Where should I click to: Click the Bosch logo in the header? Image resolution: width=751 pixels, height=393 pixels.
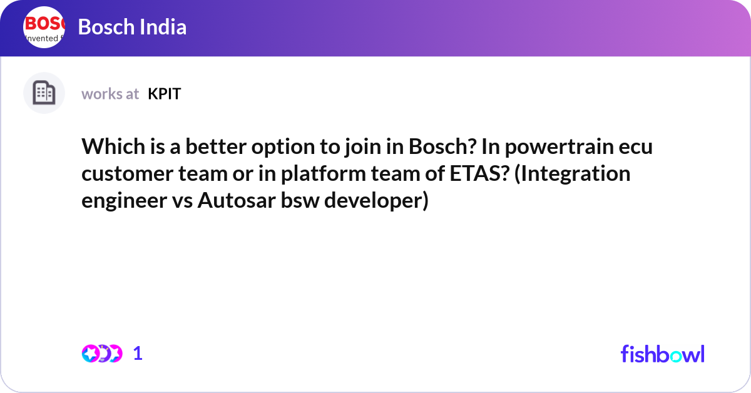tap(44, 28)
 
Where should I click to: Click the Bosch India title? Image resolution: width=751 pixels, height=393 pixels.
tap(132, 28)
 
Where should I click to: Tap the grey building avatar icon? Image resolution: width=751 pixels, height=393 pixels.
tap(44, 93)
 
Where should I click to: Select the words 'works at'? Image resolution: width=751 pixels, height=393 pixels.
tap(110, 94)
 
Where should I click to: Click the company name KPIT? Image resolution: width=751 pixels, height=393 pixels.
tap(165, 94)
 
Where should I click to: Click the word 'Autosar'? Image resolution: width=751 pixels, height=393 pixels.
tap(227, 202)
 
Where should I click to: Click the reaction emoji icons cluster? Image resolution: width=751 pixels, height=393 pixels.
tap(102, 354)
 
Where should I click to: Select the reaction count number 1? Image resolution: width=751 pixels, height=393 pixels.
tap(138, 354)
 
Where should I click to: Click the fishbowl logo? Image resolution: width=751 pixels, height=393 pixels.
tap(662, 354)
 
